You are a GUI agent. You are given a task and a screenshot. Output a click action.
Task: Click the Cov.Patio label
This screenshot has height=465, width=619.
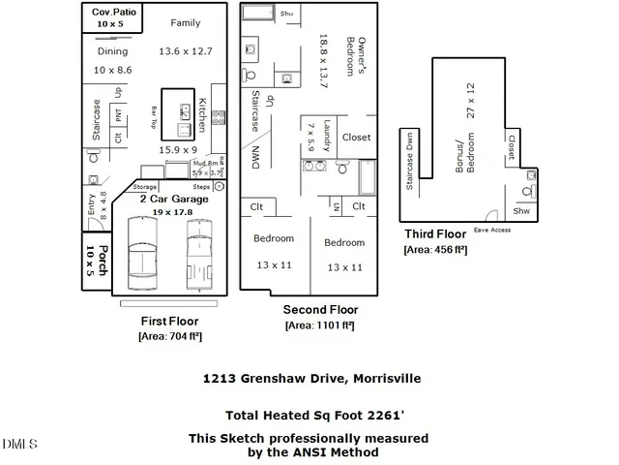click(x=112, y=12)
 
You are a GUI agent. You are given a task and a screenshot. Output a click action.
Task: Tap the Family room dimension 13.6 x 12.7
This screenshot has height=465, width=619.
click(x=185, y=50)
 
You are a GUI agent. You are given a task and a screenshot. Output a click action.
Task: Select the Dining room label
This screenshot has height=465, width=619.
click(x=113, y=51)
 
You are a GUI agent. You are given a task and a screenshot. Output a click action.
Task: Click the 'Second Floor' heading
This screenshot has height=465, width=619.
click(x=319, y=309)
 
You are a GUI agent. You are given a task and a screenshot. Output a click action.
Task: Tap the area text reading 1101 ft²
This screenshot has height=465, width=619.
click(x=319, y=325)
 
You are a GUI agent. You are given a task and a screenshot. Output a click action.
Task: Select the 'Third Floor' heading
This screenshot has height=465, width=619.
click(x=435, y=233)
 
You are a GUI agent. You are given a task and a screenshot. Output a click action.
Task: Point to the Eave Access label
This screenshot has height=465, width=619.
click(x=492, y=230)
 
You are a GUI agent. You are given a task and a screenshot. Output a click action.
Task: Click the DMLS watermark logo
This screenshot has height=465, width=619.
click(x=19, y=445)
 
